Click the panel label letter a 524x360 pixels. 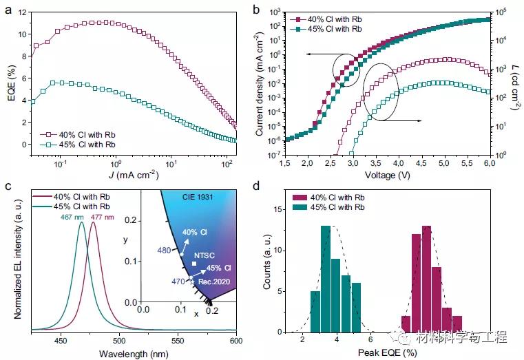[x=6, y=10]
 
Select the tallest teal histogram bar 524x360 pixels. [x=326, y=279]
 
